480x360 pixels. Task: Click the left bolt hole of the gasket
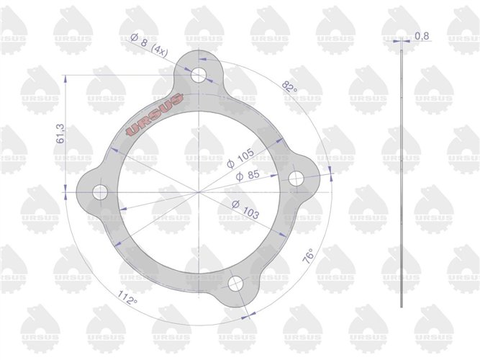(x=99, y=192)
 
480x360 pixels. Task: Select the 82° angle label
(x=289, y=87)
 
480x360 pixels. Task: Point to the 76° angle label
(x=308, y=256)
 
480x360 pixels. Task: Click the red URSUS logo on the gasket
(x=155, y=114)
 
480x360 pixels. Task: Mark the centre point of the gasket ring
(x=198, y=192)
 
